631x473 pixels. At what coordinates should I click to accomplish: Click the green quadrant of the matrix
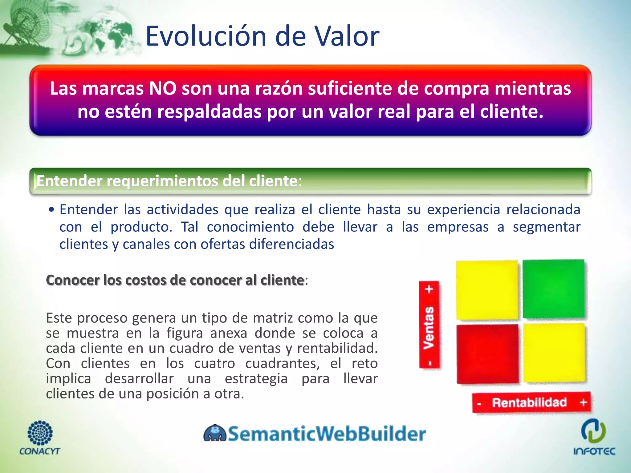click(553, 289)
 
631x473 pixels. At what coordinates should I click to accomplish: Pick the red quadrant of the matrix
click(487, 354)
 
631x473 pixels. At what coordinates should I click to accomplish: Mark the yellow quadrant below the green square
click(554, 353)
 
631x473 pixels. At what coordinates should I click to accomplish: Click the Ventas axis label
click(429, 328)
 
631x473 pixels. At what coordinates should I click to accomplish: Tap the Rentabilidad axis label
click(529, 402)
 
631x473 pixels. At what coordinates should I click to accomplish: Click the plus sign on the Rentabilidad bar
click(583, 402)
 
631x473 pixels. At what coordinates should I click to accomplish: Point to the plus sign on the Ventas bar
click(429, 289)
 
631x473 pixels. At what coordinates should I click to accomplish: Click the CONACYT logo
click(40, 438)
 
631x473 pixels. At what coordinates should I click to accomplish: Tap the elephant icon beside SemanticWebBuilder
click(215, 433)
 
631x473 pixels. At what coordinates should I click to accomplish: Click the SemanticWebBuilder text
click(327, 434)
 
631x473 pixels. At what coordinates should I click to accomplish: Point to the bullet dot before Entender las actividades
click(51, 210)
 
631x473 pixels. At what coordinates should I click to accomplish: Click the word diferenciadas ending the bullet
click(291, 245)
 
